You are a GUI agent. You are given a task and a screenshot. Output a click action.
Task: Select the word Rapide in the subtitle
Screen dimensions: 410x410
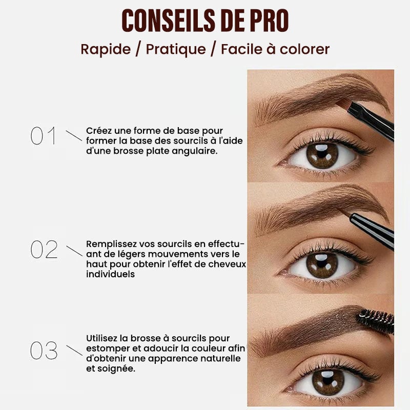(106, 49)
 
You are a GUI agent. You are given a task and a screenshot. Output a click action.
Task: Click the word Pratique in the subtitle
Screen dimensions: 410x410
(176, 49)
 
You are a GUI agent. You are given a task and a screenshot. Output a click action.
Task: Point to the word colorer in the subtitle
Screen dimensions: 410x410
(304, 49)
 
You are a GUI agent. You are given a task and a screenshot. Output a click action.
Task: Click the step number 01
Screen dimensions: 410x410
(44, 135)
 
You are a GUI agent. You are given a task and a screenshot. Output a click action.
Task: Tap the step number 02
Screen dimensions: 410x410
(44, 250)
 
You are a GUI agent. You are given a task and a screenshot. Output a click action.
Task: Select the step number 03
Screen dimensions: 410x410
(44, 351)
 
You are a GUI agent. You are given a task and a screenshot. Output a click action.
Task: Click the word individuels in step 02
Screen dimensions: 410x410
(110, 274)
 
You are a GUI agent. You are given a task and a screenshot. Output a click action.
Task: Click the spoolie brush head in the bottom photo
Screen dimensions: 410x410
(376, 321)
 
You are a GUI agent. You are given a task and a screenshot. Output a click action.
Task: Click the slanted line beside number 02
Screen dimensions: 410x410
(74, 251)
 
